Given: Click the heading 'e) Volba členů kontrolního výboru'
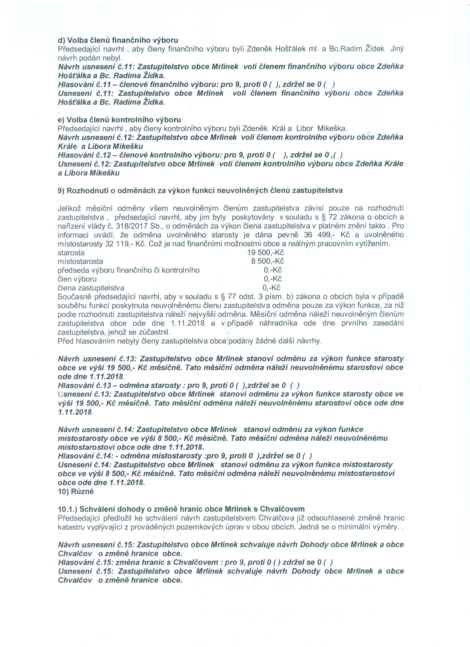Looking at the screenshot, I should click(119, 120).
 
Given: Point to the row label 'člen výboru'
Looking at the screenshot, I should click(77, 279).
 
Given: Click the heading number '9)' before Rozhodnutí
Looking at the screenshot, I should click(61, 191).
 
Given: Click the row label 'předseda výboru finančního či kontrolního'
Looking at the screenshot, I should click(128, 270).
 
